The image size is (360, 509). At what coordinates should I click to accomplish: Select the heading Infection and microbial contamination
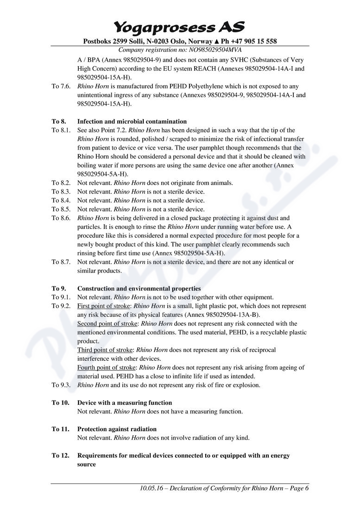point(132,121)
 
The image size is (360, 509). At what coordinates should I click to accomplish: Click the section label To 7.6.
point(61,86)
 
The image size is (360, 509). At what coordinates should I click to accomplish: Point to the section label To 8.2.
point(61,183)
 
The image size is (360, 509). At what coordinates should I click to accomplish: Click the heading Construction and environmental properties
point(139,289)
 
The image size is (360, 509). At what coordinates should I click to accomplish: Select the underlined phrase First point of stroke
point(104,306)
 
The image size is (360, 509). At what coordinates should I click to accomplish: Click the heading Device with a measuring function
point(125,402)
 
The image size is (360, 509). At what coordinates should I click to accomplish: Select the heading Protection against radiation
point(117,429)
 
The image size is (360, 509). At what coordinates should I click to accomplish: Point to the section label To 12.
point(60,455)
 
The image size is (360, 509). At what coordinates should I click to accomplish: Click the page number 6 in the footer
point(307,488)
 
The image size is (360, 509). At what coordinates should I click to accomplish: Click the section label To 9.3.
point(61,385)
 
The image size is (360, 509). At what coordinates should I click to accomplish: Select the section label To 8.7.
point(61,262)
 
